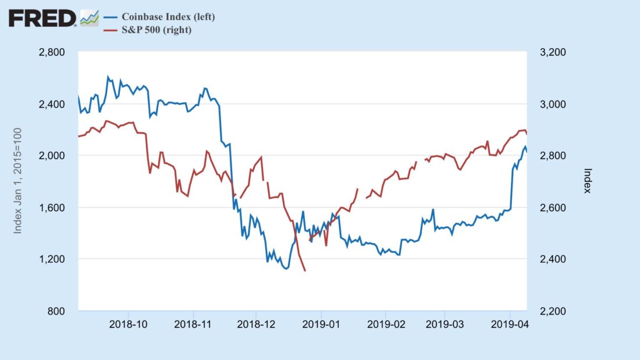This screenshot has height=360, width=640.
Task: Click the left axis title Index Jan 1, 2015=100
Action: (18, 181)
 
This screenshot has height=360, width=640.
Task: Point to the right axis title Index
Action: (588, 181)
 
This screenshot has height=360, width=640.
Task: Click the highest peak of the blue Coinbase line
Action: (108, 76)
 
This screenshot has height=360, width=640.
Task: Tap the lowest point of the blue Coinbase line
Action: (286, 269)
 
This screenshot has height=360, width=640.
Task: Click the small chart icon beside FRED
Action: (89, 18)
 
